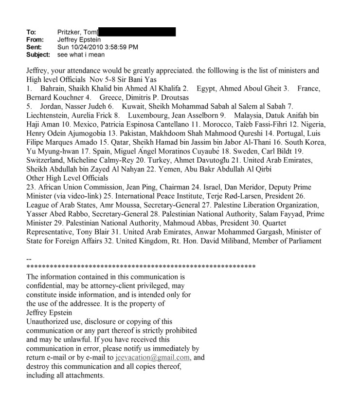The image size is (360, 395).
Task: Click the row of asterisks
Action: [141, 266]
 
